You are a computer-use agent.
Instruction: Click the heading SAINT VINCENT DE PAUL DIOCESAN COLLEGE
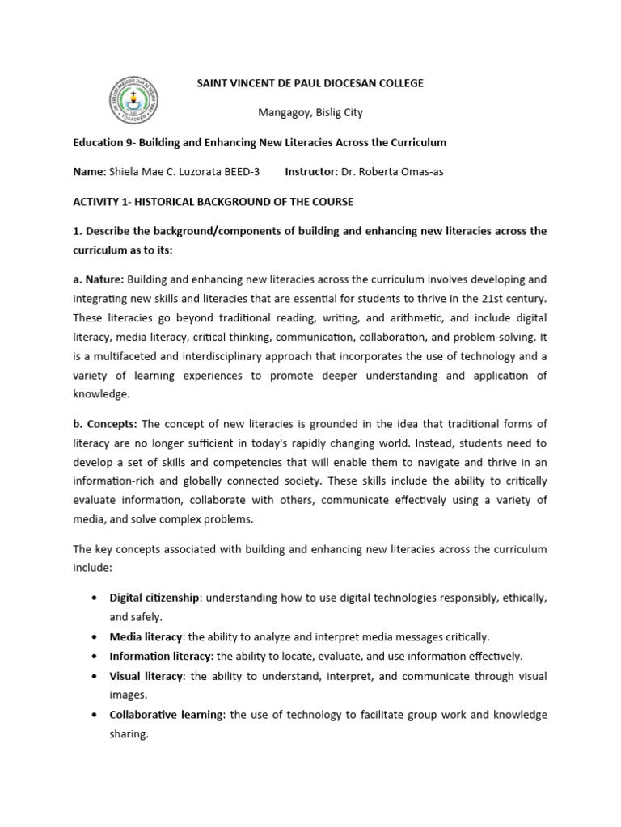[x=311, y=83]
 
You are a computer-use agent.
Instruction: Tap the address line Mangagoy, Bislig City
[x=310, y=113]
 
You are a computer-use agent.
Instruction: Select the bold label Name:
[x=90, y=172]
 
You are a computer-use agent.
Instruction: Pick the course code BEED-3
[x=239, y=172]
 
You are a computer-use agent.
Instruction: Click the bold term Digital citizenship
[x=154, y=598]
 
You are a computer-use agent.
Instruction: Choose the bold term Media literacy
[x=146, y=636]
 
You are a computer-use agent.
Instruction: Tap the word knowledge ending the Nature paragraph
[x=101, y=395]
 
